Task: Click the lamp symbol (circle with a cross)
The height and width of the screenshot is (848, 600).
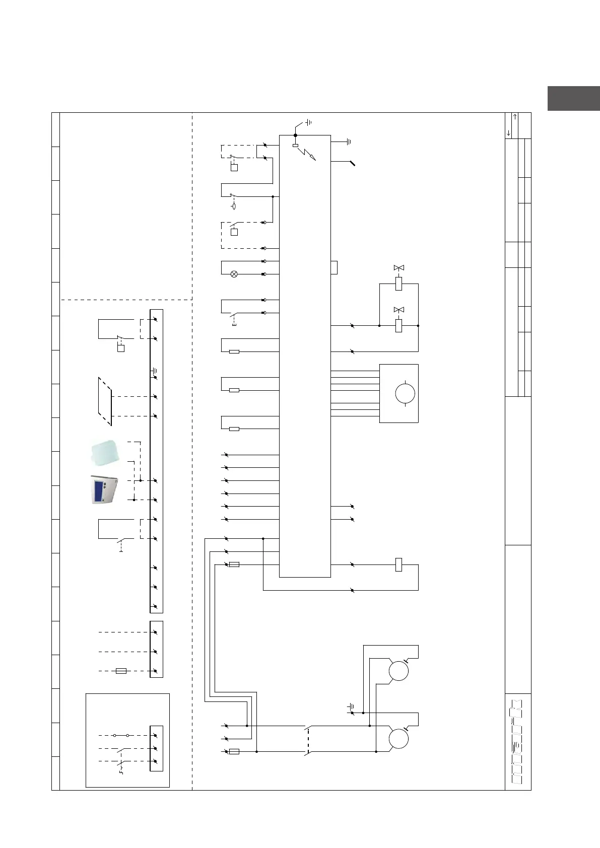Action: [x=234, y=274]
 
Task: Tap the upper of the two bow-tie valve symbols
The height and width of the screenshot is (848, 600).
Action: [x=399, y=267]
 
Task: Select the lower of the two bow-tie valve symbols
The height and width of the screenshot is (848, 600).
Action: [x=399, y=309]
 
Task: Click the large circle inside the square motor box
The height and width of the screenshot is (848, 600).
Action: [x=405, y=393]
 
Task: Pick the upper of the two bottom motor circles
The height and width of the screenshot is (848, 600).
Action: [x=398, y=671]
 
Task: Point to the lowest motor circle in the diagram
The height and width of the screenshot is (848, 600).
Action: [x=398, y=739]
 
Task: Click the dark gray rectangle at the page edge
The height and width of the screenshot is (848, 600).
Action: [x=573, y=98]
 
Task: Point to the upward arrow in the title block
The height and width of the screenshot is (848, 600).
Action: [x=515, y=117]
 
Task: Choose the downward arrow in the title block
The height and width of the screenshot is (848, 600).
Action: [x=509, y=133]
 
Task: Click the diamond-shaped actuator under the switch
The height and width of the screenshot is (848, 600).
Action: [x=234, y=206]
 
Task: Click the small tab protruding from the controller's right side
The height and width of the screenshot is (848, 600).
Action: [x=334, y=267]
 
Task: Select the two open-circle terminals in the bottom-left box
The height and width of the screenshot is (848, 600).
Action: [x=121, y=735]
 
